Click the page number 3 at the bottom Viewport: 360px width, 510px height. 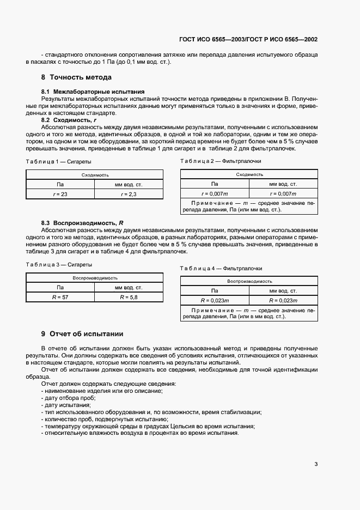click(x=316, y=464)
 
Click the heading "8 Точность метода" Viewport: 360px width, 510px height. click(x=76, y=77)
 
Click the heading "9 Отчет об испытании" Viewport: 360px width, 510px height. click(x=82, y=333)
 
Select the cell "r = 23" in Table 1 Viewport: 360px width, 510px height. click(x=60, y=194)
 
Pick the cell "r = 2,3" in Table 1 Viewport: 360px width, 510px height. click(x=129, y=194)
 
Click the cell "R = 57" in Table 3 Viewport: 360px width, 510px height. click(x=60, y=297)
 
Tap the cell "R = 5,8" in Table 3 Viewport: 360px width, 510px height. click(x=129, y=297)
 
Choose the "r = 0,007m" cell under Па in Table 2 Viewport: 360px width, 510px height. click(x=215, y=193)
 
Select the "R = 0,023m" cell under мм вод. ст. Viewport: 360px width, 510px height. click(x=283, y=300)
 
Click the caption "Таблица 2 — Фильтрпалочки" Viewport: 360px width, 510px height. click(x=221, y=161)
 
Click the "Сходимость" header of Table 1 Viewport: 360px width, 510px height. click(x=95, y=175)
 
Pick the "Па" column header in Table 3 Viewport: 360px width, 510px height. click(x=60, y=287)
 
